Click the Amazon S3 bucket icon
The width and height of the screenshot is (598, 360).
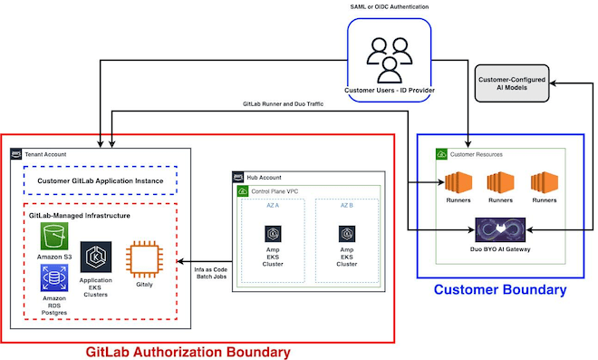(x=54, y=237)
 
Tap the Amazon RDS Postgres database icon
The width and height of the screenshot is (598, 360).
(x=54, y=277)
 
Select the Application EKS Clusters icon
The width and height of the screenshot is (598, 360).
(x=96, y=257)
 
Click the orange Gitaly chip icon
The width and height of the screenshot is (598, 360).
(x=144, y=259)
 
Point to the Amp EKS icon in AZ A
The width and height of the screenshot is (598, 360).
(x=273, y=234)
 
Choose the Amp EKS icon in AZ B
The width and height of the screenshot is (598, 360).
(x=347, y=234)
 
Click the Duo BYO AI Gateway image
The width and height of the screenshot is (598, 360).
(x=500, y=229)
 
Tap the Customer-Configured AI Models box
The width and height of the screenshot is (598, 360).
(x=512, y=83)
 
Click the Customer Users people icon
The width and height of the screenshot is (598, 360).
(x=390, y=60)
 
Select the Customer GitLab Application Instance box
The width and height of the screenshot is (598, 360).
(x=101, y=180)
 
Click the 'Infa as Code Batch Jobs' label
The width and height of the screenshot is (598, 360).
(x=211, y=273)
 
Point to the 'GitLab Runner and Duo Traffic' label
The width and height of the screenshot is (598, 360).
(x=283, y=104)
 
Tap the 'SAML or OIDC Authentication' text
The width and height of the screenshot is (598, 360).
(x=390, y=7)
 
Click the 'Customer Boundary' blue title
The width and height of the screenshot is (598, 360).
(x=500, y=289)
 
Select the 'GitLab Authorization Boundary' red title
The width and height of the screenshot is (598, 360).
(x=188, y=352)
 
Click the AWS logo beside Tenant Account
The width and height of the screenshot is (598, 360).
(x=16, y=154)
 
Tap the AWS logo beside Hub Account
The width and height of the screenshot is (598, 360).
(x=238, y=177)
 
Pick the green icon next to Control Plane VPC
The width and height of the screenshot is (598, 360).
(x=243, y=191)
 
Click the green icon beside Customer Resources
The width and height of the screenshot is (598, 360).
(x=441, y=154)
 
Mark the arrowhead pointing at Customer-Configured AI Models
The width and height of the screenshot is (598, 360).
(x=553, y=83)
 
